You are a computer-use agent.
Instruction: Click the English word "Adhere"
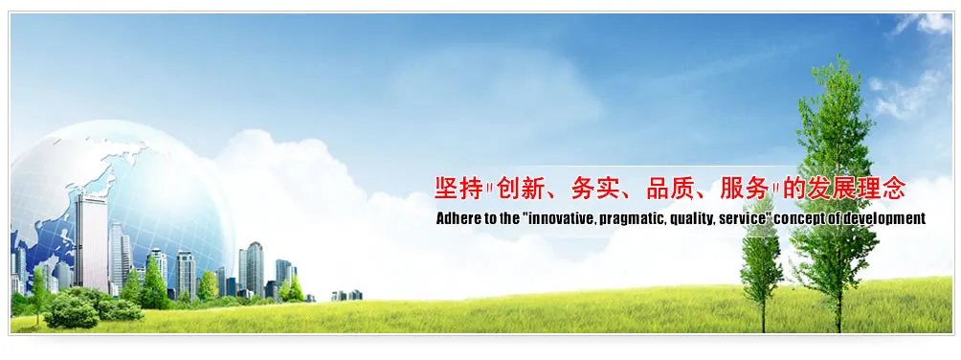coord(455,218)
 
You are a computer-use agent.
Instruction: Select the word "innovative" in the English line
coord(560,218)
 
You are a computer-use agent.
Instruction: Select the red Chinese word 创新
coord(519,188)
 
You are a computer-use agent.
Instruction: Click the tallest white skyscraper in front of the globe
coord(91,243)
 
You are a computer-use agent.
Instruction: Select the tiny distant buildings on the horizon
coord(346,295)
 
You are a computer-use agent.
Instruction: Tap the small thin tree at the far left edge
coord(38,295)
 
